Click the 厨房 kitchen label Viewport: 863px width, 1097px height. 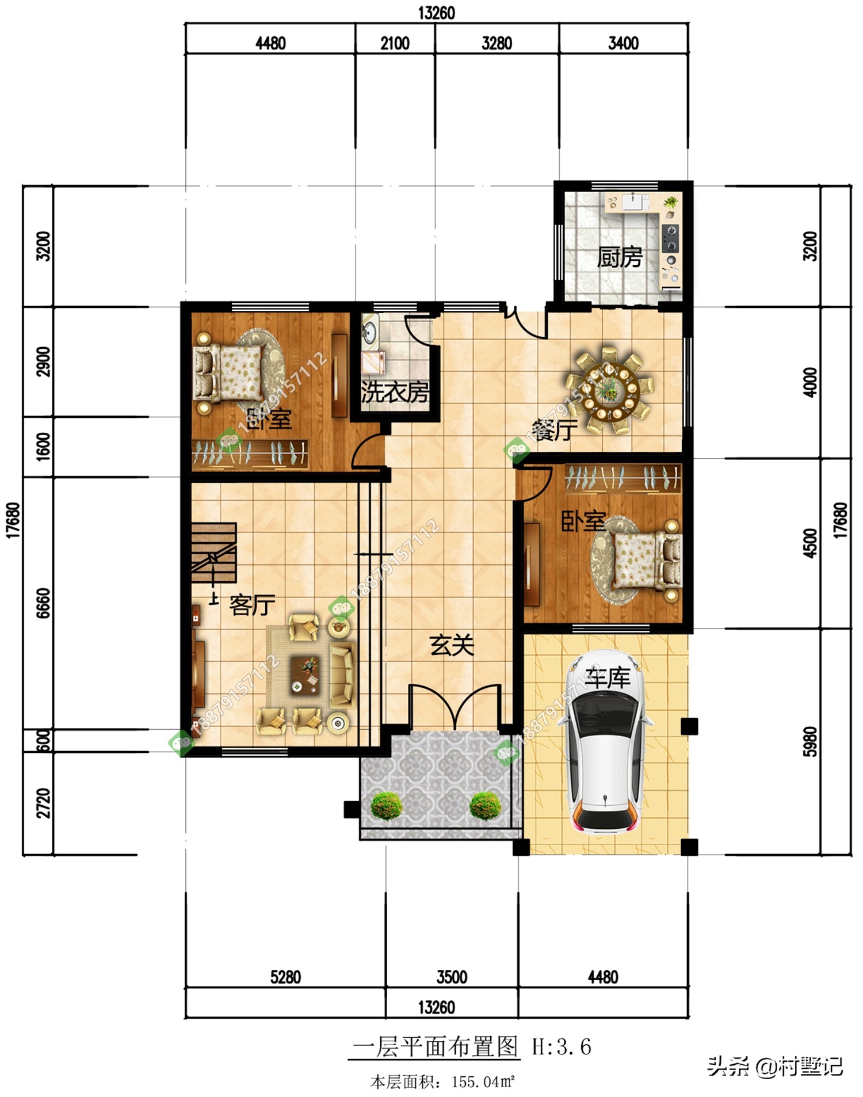[620, 257]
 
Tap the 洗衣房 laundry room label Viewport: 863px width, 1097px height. [395, 392]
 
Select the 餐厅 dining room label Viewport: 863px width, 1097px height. [554, 430]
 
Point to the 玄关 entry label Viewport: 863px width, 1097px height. [452, 645]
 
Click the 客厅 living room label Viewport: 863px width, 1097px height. [252, 605]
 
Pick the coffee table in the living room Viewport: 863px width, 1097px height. [305, 675]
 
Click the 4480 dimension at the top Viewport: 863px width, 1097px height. [270, 43]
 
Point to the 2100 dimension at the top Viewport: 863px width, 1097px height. [395, 43]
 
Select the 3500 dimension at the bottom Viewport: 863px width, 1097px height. [452, 977]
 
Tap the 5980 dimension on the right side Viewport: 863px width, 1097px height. [810, 742]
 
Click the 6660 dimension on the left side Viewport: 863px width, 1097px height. [44, 603]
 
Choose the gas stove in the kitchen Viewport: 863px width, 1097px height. [670, 239]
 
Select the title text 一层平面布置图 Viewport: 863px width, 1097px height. [436, 1046]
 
